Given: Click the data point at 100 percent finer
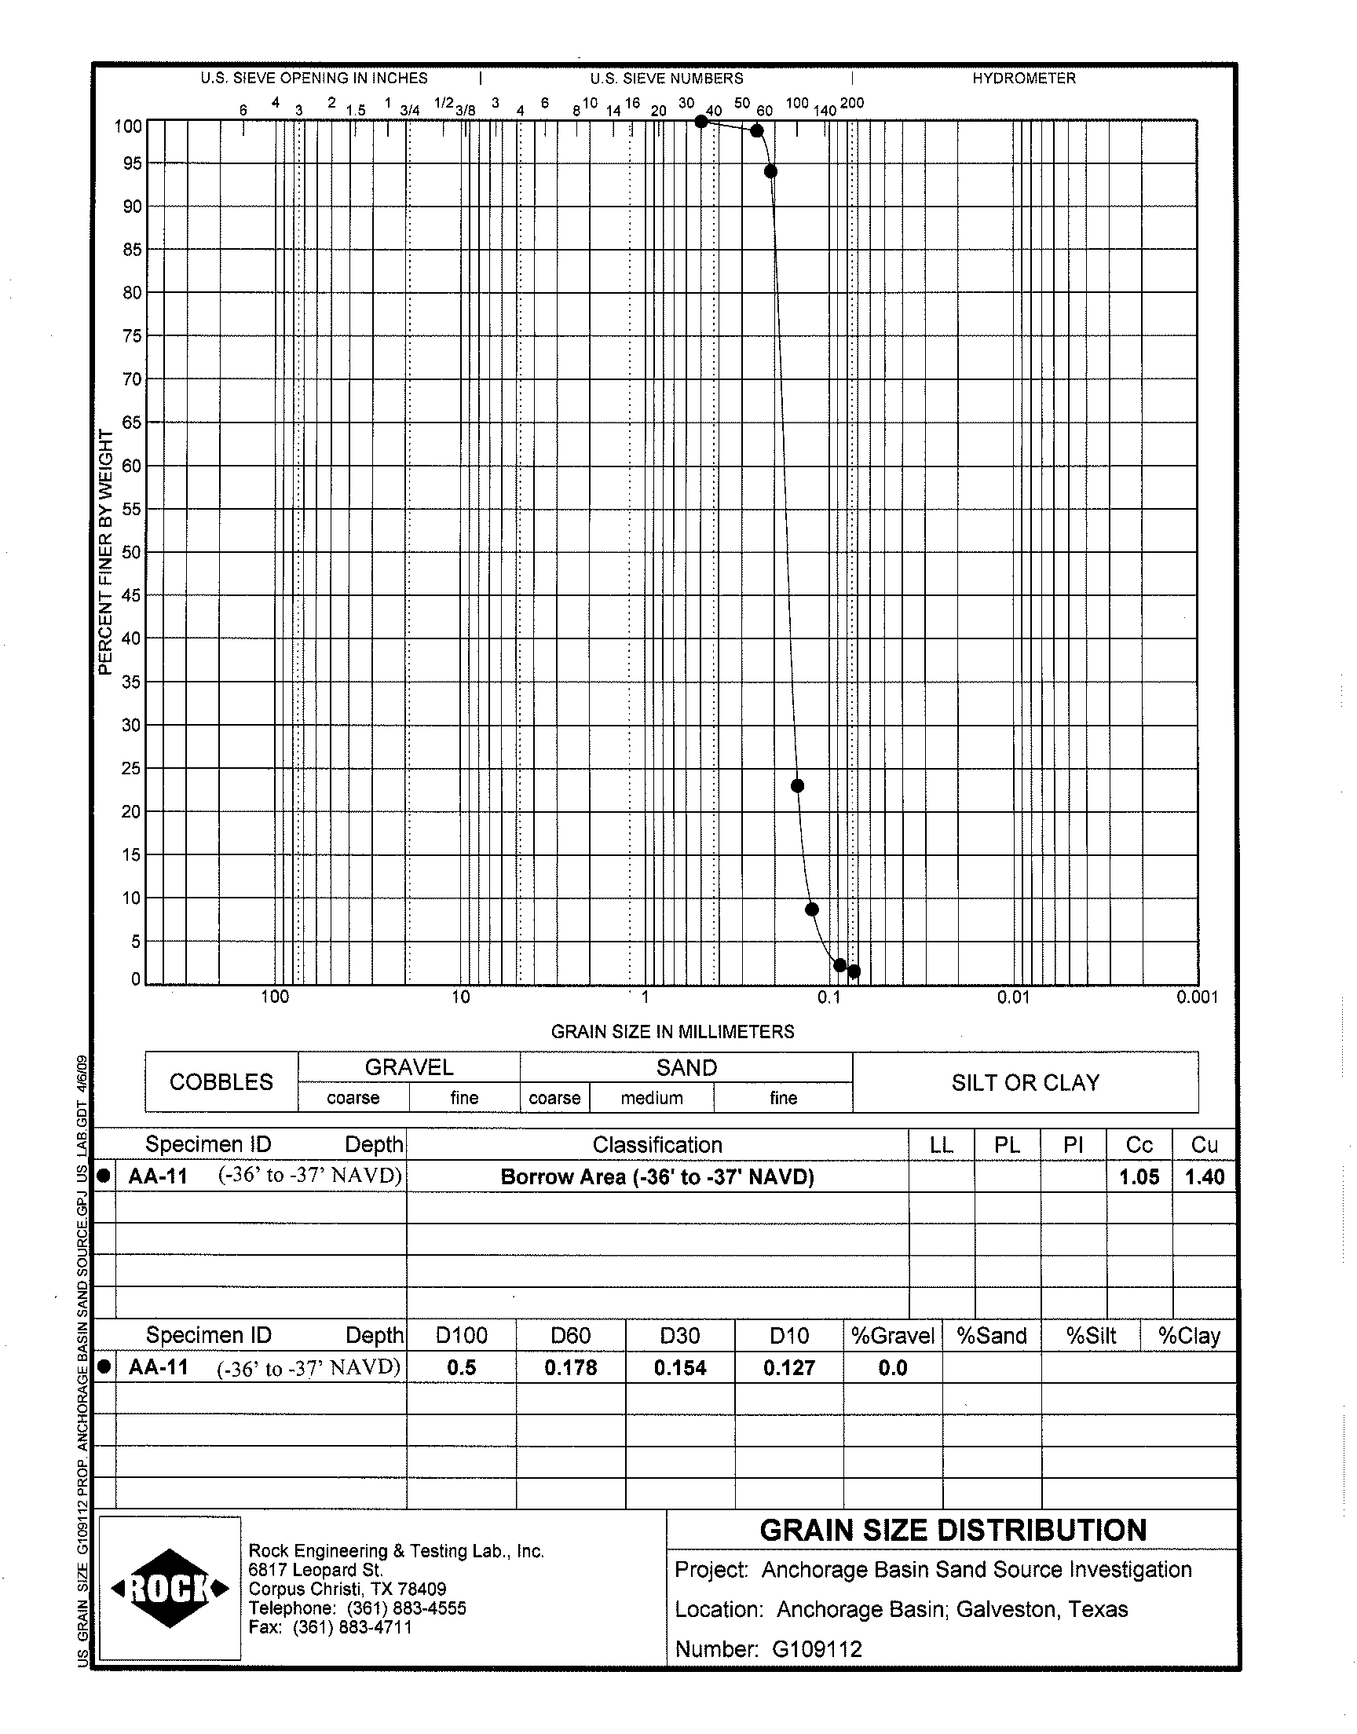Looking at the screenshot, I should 700,122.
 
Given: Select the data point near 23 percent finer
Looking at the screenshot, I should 798,785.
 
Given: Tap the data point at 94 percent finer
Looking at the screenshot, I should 770,171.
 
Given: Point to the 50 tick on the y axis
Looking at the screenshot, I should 130,552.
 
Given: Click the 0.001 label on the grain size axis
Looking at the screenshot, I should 1197,997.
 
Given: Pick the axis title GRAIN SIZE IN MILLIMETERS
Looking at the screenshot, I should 672,1031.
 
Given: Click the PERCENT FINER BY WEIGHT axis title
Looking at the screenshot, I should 106,552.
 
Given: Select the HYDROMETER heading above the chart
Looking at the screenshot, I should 1023,79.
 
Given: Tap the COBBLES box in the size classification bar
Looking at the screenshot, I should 221,1082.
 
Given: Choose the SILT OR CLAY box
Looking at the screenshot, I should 1025,1082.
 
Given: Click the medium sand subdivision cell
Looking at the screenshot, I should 652,1098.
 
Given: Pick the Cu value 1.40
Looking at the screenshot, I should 1205,1177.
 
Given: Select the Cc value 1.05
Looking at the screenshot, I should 1139,1177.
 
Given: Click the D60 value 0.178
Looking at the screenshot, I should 570,1368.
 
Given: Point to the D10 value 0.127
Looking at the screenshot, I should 789,1368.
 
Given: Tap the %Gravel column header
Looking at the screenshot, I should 892,1336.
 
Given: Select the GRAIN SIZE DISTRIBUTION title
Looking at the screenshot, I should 953,1530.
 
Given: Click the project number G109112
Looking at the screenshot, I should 817,1649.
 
